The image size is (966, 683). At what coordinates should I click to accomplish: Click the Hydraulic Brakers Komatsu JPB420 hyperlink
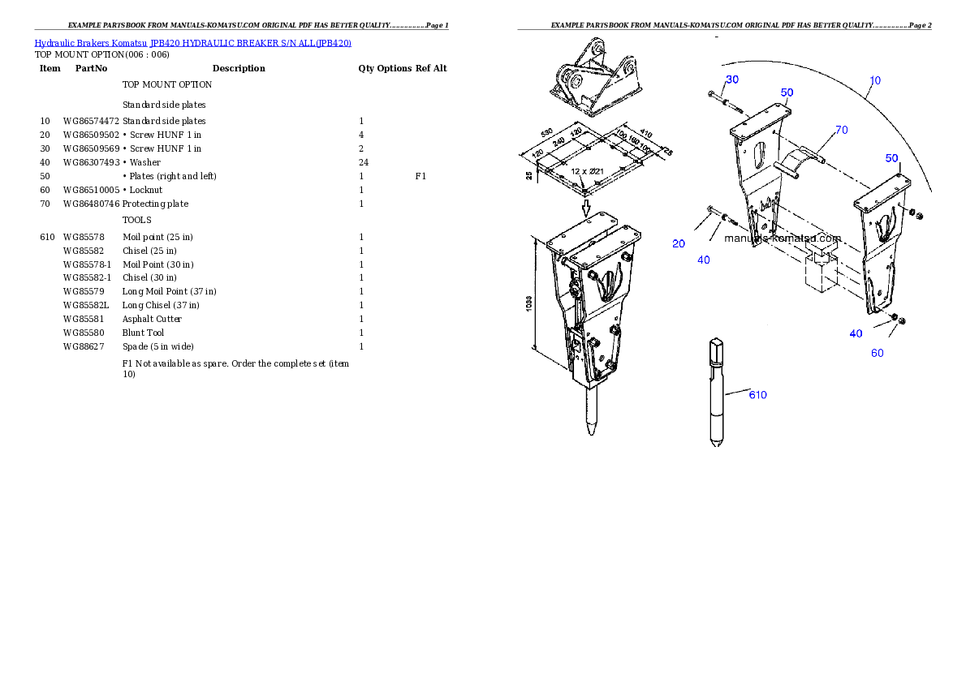(193, 43)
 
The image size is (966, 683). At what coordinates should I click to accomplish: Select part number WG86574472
(91, 122)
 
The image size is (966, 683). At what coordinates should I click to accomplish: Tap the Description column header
(239, 68)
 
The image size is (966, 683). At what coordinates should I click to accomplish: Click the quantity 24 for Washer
(364, 162)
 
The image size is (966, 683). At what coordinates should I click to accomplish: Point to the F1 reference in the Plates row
(420, 176)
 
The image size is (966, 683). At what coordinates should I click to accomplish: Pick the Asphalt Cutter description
(152, 319)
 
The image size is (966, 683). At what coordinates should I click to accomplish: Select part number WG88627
(84, 346)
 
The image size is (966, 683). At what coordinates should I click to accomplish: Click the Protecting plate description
(155, 204)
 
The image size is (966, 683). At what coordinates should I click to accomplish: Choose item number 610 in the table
(47, 237)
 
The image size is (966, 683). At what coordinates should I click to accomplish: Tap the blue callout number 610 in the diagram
(757, 395)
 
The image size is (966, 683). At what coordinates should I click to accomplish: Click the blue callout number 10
(875, 80)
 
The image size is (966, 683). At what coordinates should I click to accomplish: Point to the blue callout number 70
(842, 130)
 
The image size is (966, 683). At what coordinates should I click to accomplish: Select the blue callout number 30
(732, 79)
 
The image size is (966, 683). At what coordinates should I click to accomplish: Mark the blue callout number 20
(679, 244)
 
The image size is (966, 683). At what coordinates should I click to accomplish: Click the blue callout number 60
(878, 353)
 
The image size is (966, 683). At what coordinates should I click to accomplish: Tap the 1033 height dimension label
(529, 303)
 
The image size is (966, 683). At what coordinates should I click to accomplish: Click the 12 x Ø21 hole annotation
(587, 171)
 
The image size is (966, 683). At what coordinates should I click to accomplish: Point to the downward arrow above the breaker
(586, 208)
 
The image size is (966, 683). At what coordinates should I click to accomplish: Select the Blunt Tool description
(143, 333)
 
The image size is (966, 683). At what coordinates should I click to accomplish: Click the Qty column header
(366, 68)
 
